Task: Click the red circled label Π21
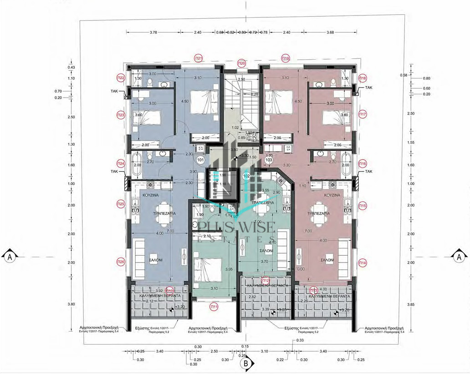(x=198, y=58)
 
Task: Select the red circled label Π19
(x=286, y=58)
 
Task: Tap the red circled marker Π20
(x=242, y=63)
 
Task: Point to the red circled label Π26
(x=121, y=262)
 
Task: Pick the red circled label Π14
(x=363, y=263)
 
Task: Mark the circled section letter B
(x=245, y=364)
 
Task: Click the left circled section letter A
(x=9, y=257)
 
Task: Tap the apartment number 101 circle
(x=200, y=160)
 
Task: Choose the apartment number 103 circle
(x=269, y=160)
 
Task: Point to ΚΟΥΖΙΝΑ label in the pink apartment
(x=332, y=194)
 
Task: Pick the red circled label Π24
(x=121, y=163)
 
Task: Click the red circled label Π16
(x=363, y=163)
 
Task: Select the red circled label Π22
(x=121, y=77)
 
